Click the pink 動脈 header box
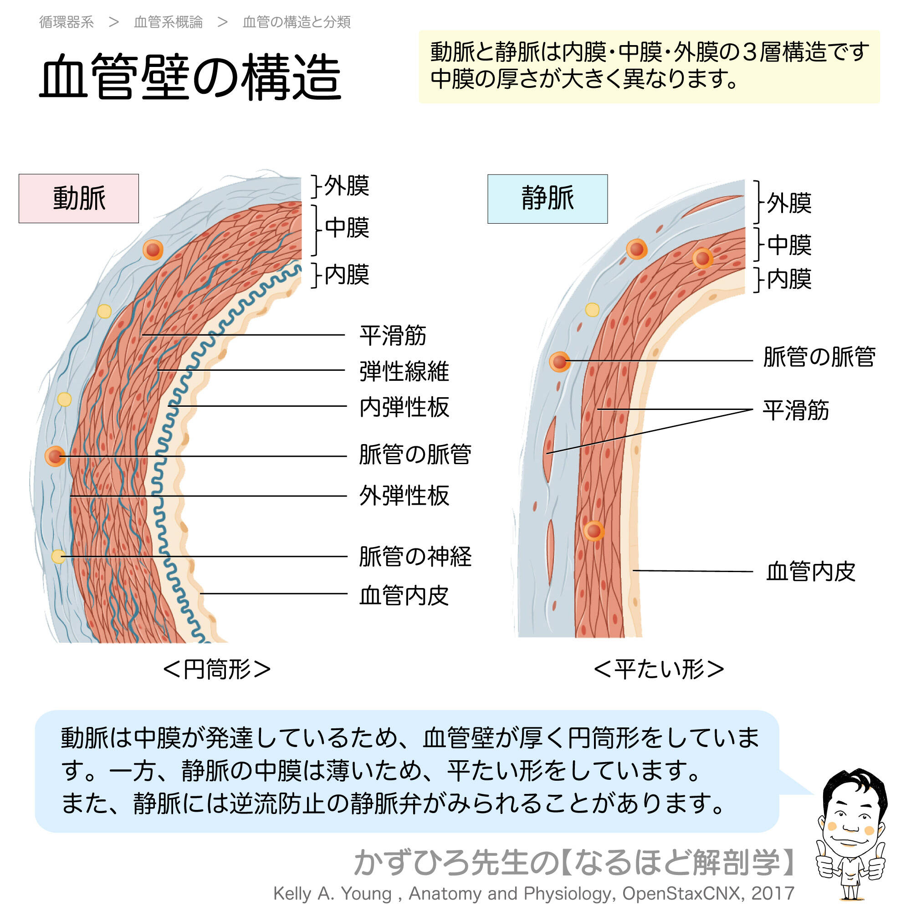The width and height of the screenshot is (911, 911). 79,199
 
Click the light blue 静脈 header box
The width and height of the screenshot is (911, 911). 547,199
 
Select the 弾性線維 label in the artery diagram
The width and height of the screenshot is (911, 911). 404,371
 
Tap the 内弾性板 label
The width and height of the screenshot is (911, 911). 404,406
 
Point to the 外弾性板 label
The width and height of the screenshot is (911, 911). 404,496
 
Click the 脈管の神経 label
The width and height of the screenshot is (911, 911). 415,557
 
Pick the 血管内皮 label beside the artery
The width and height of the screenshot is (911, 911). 404,595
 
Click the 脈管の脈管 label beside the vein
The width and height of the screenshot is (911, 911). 819,357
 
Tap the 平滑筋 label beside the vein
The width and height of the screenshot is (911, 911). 795,410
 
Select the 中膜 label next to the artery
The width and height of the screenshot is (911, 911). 347,227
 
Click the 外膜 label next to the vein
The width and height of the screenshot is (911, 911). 789,203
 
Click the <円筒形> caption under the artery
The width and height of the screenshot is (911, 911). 216,669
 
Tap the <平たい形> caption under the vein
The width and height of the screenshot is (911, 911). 658,669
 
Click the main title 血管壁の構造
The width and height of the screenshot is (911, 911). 190,77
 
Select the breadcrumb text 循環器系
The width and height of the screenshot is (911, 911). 67,22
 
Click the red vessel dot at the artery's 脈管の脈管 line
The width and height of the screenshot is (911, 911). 55,456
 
